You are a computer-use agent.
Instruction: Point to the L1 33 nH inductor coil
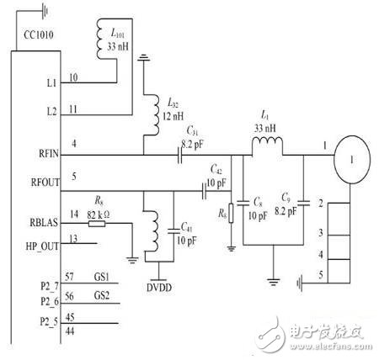pos(268,148)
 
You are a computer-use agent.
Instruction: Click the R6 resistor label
pos(220,214)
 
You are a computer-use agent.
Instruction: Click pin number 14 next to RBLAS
pos(75,214)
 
